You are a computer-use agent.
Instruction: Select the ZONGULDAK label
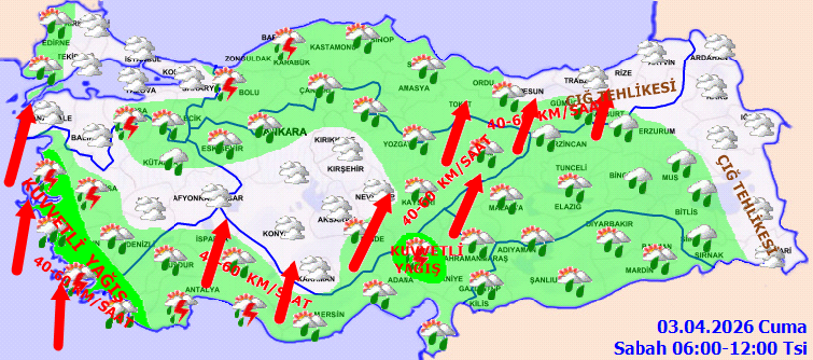(248, 59)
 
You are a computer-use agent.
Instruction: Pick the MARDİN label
(639, 270)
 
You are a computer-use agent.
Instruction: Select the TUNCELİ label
(572, 167)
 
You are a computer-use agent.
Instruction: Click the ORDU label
(484, 82)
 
